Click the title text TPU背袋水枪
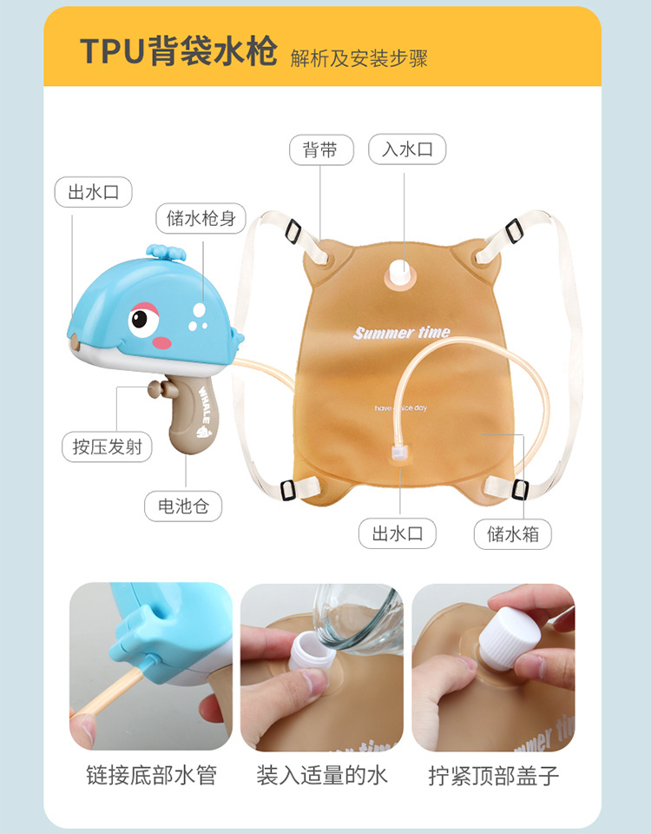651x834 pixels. coord(179,51)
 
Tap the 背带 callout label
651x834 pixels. coord(321,150)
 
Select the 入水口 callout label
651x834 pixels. coord(407,149)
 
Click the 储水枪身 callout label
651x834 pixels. coord(201,218)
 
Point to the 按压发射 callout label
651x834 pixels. coord(108,447)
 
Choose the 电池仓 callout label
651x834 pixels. coord(183,506)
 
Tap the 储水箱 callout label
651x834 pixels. coord(513,533)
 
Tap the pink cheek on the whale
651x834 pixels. coord(162,342)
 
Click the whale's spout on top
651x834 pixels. coord(166,252)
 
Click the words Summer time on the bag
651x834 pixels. coord(402,333)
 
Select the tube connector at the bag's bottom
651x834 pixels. coord(398,454)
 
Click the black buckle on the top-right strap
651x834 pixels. coord(514,230)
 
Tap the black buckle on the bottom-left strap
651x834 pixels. coord(287,489)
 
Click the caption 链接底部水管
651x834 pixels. coord(151,775)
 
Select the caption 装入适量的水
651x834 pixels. coord(322,775)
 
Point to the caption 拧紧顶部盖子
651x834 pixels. coord(494,776)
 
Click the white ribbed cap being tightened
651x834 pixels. coord(510,636)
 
